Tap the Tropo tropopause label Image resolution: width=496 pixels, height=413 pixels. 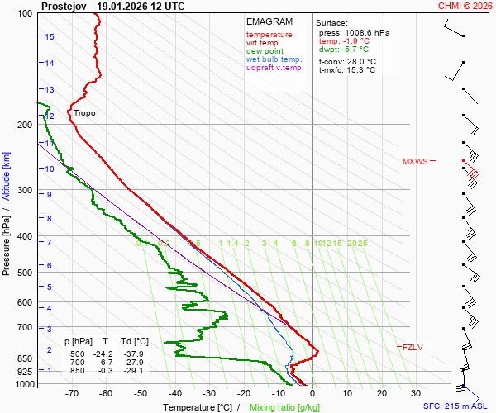click(x=85, y=112)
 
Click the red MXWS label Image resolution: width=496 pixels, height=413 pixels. click(x=415, y=161)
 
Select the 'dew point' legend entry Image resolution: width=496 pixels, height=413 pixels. click(x=264, y=51)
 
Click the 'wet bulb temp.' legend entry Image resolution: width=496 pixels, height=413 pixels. click(x=274, y=59)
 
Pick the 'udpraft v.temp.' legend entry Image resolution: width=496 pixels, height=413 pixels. click(x=275, y=68)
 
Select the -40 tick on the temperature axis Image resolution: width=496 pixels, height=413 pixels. click(x=174, y=394)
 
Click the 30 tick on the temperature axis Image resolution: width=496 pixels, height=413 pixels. click(x=416, y=394)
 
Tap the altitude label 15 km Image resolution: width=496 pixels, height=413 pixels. click(x=50, y=37)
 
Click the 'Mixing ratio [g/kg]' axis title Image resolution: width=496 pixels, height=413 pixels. click(x=285, y=407)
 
